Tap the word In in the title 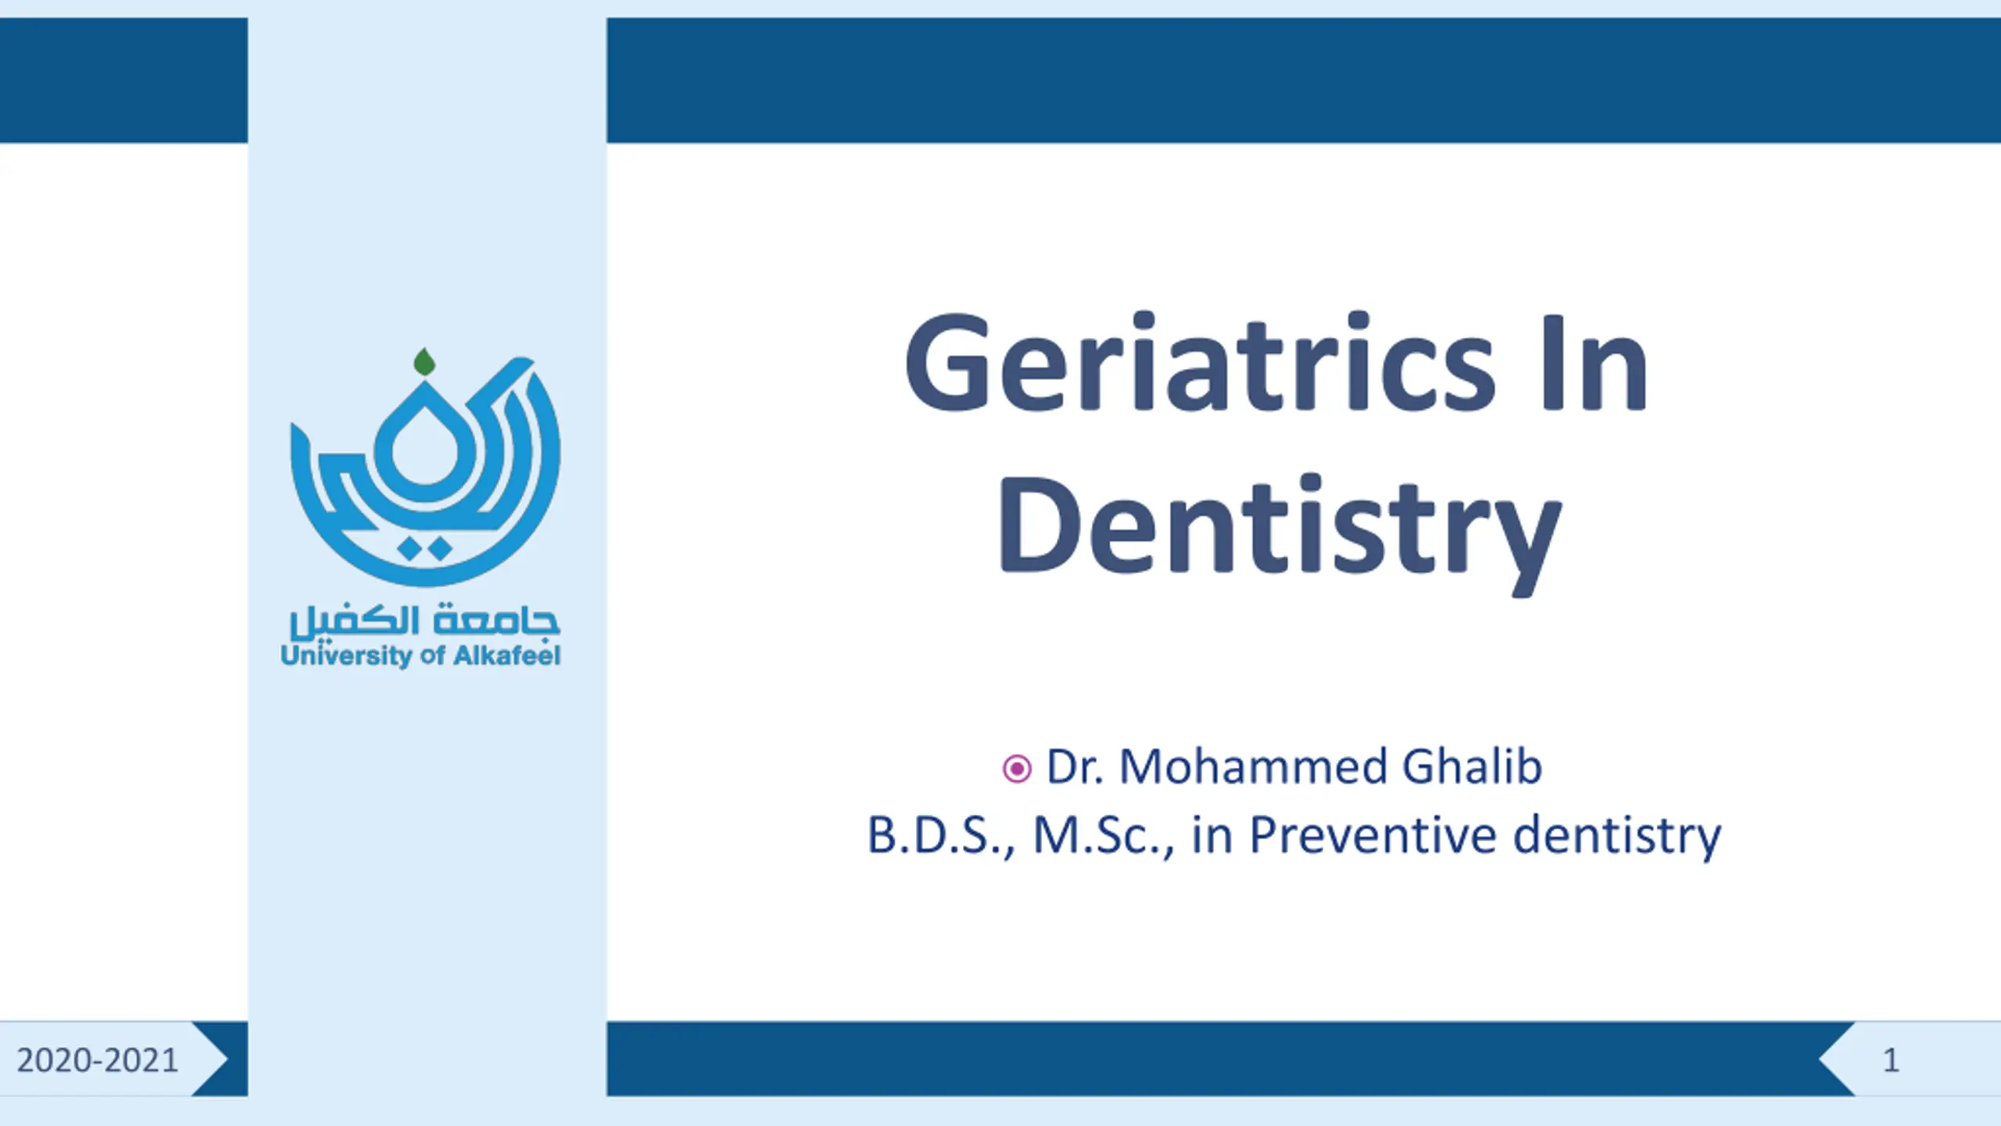1595,364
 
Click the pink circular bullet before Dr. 1017,769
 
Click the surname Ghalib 1472,766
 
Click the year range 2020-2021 98,1060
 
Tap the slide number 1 1891,1060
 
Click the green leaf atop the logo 424,361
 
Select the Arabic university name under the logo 424,621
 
